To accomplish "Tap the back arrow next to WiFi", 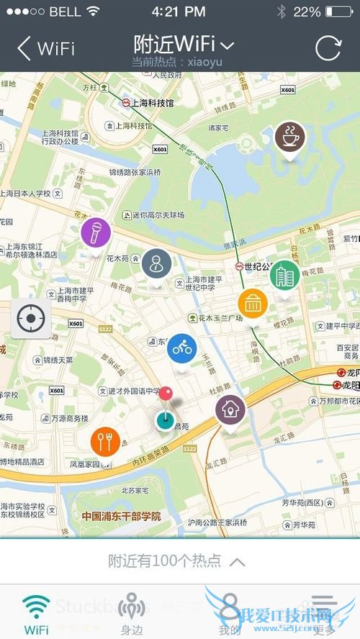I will pos(24,48).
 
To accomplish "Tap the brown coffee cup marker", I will pos(290,136).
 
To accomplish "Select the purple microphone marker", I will pos(95,232).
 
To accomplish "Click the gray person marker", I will pos(156,263).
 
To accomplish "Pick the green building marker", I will pos(284,275).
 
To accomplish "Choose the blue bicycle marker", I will pos(182,348).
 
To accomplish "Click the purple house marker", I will pos(230,409).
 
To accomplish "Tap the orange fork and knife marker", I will pos(106,442).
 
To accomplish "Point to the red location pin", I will pos(166,394).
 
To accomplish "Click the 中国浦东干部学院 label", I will pos(121,516).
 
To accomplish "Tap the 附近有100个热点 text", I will pos(166,561).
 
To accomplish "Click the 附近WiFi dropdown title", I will pos(184,44).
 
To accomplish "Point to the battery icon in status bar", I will pos(339,12).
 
